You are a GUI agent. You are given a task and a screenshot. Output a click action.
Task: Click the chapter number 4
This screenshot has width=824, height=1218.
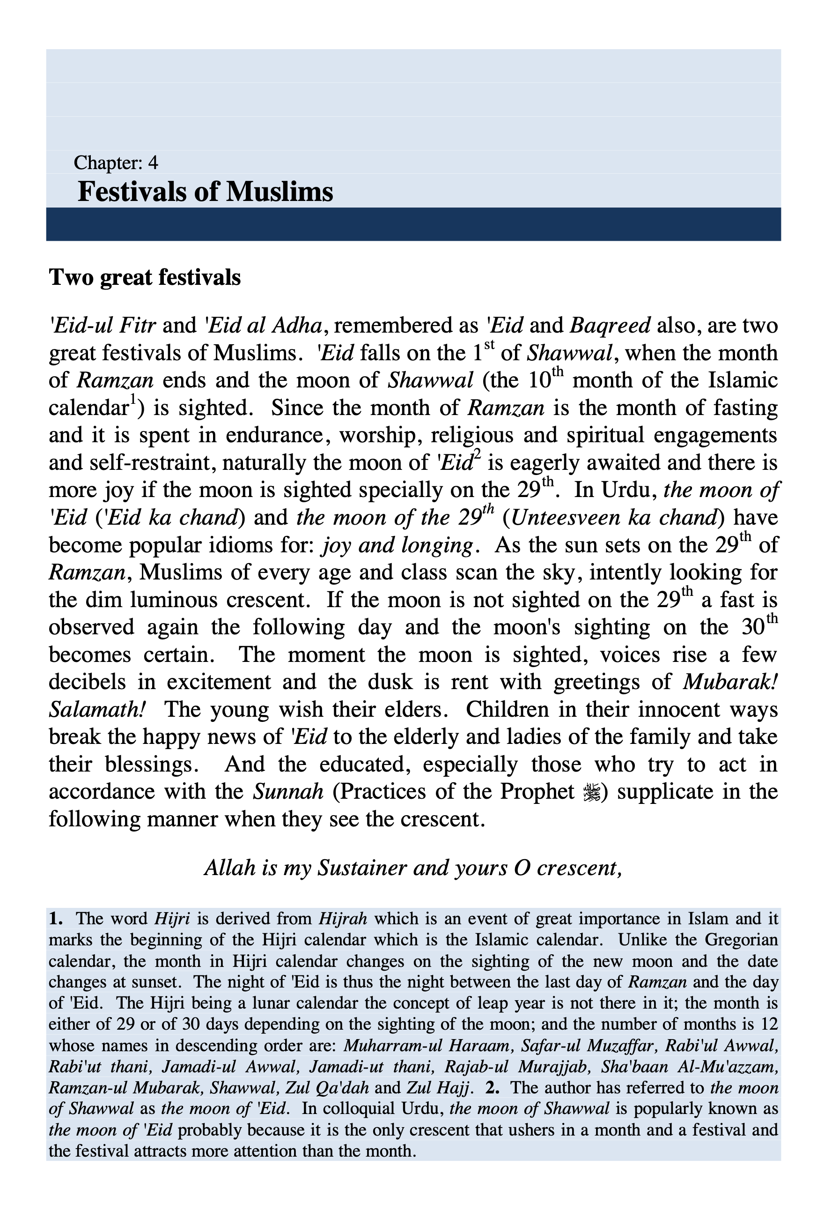(153, 163)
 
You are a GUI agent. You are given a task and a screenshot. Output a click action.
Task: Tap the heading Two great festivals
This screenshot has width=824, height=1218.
(145, 277)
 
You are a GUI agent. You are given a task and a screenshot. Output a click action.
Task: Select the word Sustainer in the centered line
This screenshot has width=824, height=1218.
(365, 869)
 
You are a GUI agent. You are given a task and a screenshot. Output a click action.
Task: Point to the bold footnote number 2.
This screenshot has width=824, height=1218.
(492, 1088)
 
